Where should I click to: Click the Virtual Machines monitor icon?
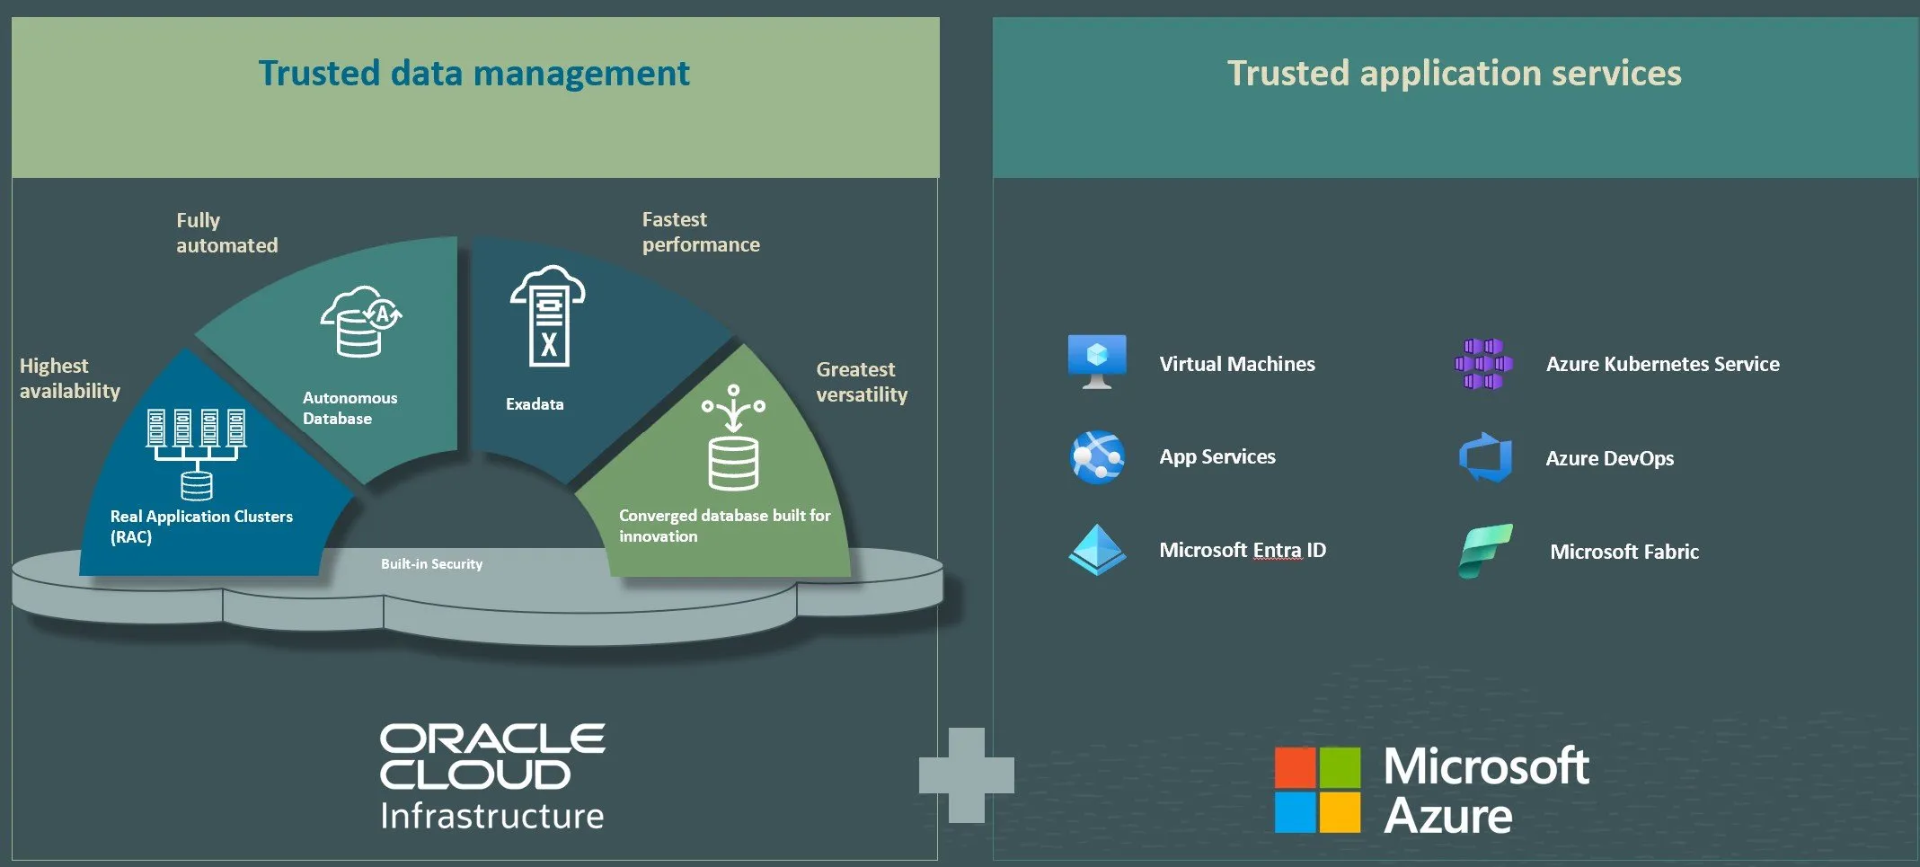click(x=1096, y=362)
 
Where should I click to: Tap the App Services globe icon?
click(x=1097, y=457)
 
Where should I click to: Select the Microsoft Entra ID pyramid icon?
click(x=1097, y=550)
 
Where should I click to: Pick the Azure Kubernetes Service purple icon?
click(x=1483, y=364)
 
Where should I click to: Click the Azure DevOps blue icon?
click(x=1485, y=457)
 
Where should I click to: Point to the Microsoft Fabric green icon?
click(x=1486, y=551)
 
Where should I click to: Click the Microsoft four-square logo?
click(x=1317, y=790)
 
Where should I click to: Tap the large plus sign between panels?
click(x=967, y=775)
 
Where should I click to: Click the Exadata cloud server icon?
click(x=548, y=315)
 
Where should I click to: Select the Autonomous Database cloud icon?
click(x=361, y=322)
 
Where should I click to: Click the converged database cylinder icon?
click(x=733, y=438)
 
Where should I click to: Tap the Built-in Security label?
click(x=431, y=564)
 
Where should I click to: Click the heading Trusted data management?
click(x=473, y=74)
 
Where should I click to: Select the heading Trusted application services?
click(x=1454, y=74)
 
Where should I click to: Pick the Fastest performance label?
click(x=701, y=232)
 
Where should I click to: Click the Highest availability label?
click(x=70, y=378)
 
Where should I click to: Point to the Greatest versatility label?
click(x=862, y=382)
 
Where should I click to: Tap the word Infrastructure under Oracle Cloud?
click(x=492, y=816)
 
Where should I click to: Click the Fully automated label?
click(x=227, y=233)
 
